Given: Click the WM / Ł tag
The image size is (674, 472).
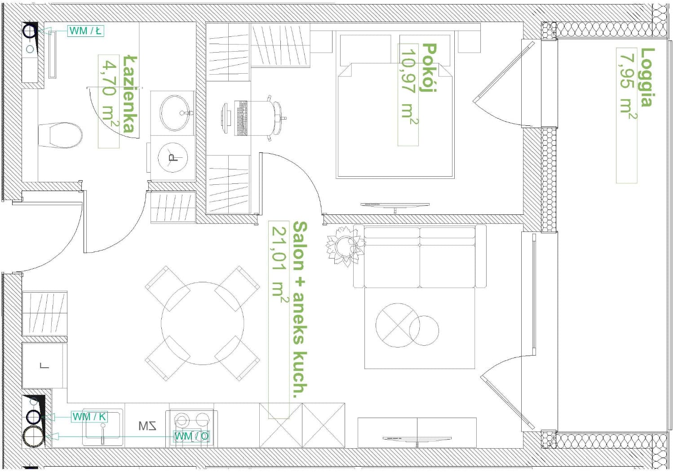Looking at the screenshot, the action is coord(86,31).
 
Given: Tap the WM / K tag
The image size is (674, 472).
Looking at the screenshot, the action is coord(89,417).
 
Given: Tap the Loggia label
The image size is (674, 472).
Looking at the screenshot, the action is coord(647,77).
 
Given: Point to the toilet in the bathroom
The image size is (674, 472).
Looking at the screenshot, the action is coord(60,135).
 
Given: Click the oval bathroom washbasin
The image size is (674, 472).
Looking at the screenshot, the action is coord(174,113).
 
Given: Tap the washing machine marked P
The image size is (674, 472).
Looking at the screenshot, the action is coord(173,158).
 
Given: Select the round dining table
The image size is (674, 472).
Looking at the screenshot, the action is coord(203,323).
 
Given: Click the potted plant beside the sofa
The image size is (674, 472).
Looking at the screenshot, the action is coord(346,246).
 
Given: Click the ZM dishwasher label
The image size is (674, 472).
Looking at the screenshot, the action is coord(147,426).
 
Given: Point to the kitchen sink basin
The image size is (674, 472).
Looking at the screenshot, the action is coord(103,427).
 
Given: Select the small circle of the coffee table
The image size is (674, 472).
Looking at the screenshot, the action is coord(424,330).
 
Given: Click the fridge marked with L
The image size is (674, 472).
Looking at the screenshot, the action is coord(44,366).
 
